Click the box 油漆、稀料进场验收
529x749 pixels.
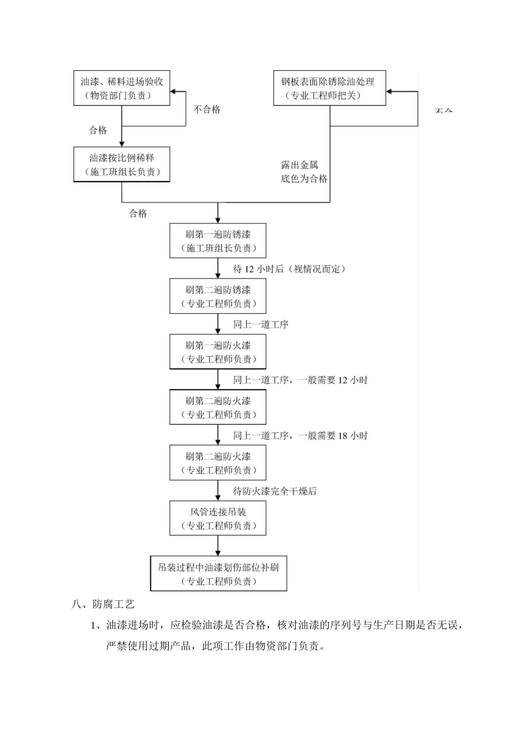[x=121, y=88]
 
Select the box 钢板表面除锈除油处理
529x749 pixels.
[x=330, y=88]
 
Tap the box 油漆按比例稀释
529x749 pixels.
[x=121, y=164]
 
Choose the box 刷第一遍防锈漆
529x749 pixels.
[x=218, y=241]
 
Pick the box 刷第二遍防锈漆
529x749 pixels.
[x=218, y=296]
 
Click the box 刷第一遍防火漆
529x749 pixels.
[x=218, y=352]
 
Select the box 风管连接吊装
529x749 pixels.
[x=218, y=518]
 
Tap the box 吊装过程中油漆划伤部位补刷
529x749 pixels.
[x=218, y=574]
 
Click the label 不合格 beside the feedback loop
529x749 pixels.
[x=207, y=110]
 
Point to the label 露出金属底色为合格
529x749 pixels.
[x=303, y=172]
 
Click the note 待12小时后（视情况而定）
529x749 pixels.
[x=290, y=269]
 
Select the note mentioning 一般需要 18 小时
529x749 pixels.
[x=300, y=436]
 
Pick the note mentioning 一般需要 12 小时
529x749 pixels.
[x=300, y=380]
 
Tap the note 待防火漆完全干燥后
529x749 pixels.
[x=275, y=491]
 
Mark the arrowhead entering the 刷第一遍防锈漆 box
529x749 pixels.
[x=218, y=220]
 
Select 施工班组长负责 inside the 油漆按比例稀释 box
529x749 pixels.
[x=121, y=172]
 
